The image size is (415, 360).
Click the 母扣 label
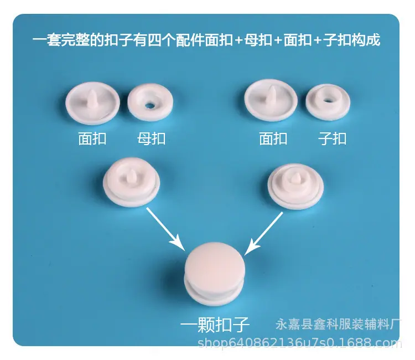tap(151, 138)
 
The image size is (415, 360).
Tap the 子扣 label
tap(332, 138)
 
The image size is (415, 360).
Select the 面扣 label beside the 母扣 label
tap(92, 138)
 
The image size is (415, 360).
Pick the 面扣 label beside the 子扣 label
tap(273, 138)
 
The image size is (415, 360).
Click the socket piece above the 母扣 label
tap(151, 102)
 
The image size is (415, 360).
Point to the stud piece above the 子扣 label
tap(328, 102)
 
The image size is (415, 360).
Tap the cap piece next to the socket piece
tap(92, 103)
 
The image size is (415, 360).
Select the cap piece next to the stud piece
tap(271, 100)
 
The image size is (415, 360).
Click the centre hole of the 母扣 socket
tap(150, 106)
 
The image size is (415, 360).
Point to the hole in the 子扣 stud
tap(328, 100)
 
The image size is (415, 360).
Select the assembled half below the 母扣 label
tap(132, 182)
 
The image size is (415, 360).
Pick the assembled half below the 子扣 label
tap(295, 186)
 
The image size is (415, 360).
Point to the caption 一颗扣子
tap(215, 325)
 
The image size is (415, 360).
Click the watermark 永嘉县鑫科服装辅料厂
tap(338, 323)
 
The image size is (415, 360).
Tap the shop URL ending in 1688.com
tap(300, 343)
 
